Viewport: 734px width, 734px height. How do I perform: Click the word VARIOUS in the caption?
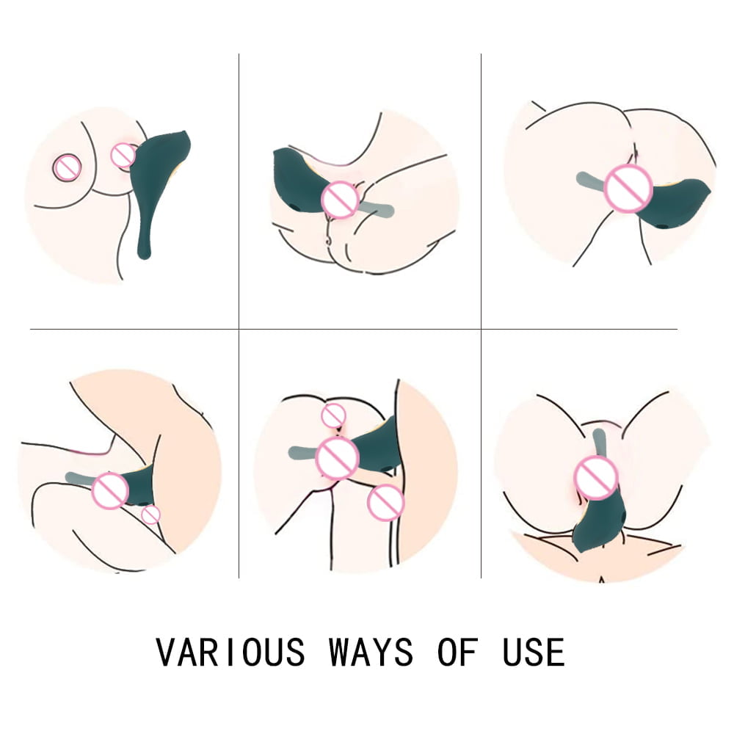pyautogui.click(x=230, y=652)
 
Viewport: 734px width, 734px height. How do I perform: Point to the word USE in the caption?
pyautogui.click(x=534, y=652)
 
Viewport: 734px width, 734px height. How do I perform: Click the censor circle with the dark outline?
pyautogui.click(x=67, y=168)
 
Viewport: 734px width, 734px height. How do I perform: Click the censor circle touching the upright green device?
pyautogui.click(x=123, y=155)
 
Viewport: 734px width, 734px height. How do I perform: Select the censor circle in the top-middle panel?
pyautogui.click(x=341, y=200)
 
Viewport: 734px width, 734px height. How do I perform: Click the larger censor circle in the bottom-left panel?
pyautogui.click(x=111, y=491)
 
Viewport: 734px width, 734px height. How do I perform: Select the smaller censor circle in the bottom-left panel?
pyautogui.click(x=151, y=515)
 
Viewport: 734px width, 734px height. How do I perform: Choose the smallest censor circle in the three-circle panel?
pyautogui.click(x=333, y=415)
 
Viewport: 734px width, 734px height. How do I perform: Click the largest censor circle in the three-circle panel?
pyautogui.click(x=337, y=457)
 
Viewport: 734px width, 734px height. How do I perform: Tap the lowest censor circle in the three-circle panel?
pyautogui.click(x=385, y=503)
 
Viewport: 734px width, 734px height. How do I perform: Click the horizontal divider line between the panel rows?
pyautogui.click(x=352, y=330)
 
